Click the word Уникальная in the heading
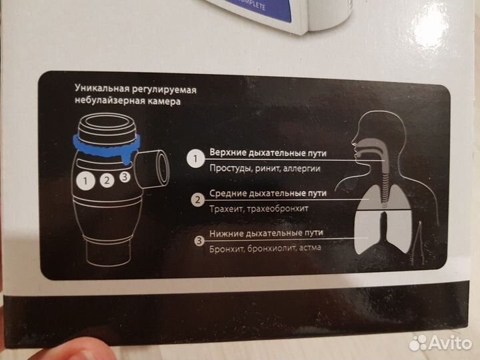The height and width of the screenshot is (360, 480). pyautogui.click(x=102, y=89)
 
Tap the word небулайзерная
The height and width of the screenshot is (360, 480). pyautogui.click(x=109, y=101)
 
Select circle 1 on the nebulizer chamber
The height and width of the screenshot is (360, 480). pyautogui.click(x=85, y=181)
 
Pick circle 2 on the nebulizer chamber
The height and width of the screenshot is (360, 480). pyautogui.click(x=107, y=180)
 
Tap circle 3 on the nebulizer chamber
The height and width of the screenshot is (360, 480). pyautogui.click(x=125, y=177)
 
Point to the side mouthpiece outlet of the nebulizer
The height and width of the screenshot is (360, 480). pyautogui.click(x=152, y=169)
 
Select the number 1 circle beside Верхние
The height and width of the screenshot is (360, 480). pyautogui.click(x=195, y=159)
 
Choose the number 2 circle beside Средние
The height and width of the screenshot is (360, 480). pyautogui.click(x=198, y=200)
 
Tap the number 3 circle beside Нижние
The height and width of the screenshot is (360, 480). pyautogui.click(x=199, y=241)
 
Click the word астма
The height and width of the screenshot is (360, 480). pyautogui.click(x=310, y=247)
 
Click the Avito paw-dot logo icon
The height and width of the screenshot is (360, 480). pyautogui.click(x=418, y=343)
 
